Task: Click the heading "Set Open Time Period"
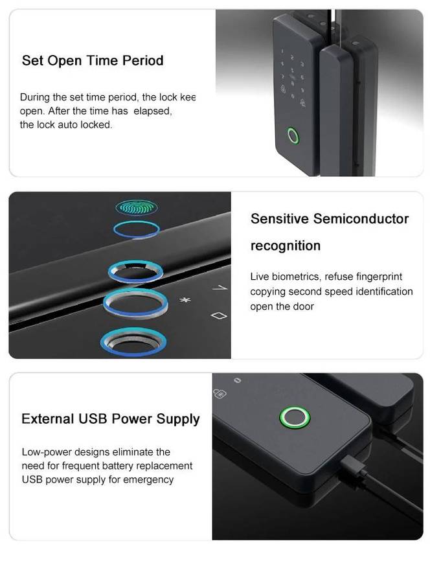click(93, 61)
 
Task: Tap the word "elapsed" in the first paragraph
click(153, 111)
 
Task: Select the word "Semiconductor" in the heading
click(361, 219)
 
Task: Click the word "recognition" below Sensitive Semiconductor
click(285, 246)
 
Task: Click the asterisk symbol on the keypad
click(183, 301)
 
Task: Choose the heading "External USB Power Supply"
click(111, 419)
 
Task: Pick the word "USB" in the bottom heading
click(93, 419)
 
